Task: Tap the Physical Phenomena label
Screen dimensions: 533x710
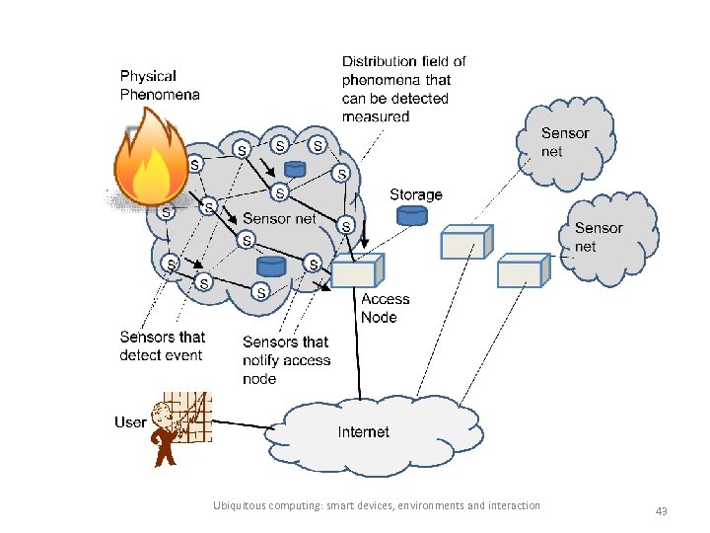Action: [x=159, y=85]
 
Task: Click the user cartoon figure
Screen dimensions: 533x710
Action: [x=167, y=434]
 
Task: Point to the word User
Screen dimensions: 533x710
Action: [x=130, y=422]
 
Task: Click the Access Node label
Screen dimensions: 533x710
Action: [x=385, y=308]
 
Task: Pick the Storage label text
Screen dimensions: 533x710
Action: [x=415, y=194]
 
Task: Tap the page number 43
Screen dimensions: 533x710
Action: [x=661, y=511]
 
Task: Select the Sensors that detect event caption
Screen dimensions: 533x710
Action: [x=162, y=346]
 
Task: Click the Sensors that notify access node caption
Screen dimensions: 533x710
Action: [x=286, y=359]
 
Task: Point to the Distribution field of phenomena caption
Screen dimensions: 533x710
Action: [x=403, y=89]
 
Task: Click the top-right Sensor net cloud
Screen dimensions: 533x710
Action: [x=565, y=142]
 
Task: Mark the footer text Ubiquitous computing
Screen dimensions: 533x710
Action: [x=376, y=505]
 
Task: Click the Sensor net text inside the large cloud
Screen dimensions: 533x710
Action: [x=279, y=218]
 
